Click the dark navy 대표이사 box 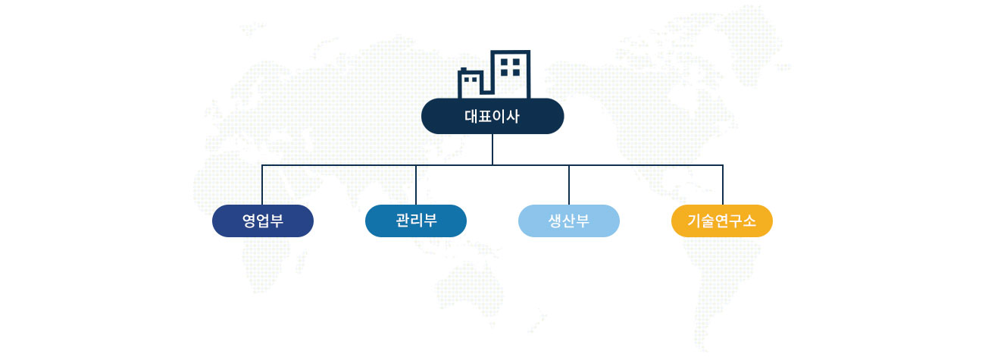coord(492,116)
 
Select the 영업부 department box coord(262,221)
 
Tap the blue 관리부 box coord(415,221)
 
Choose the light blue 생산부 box coord(569,221)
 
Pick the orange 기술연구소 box coord(722,221)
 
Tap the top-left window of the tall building coord(505,62)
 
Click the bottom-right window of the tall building coord(516,73)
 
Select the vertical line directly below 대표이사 coord(492,149)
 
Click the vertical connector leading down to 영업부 coord(262,185)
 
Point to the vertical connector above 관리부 coord(415,185)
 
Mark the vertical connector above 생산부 coord(569,185)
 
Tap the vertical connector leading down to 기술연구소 coord(723,185)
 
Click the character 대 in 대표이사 coord(471,117)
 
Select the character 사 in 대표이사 coord(513,117)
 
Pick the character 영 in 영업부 coord(249,221)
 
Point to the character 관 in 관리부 coord(402,220)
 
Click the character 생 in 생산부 coord(555,221)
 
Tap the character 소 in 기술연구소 coord(749,221)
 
